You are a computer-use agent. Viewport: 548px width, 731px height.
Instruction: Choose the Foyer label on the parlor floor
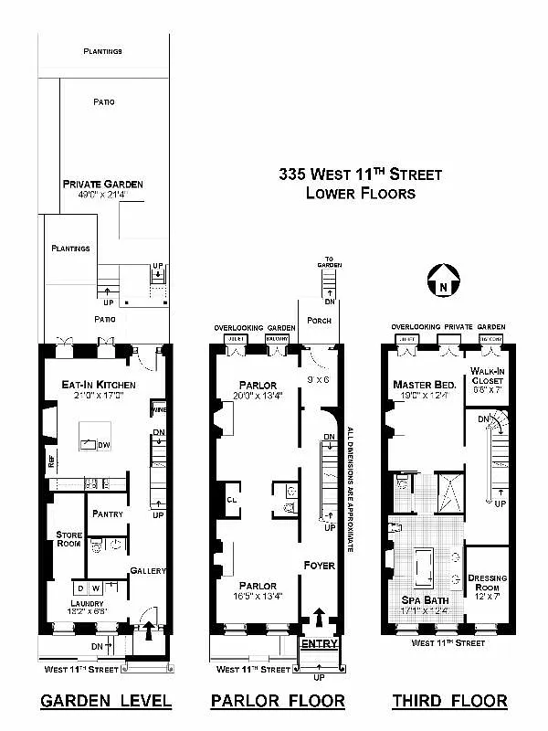click(320, 566)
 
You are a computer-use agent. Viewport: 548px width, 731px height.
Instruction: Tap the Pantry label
click(108, 514)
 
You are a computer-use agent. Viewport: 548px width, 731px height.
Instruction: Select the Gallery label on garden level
click(147, 570)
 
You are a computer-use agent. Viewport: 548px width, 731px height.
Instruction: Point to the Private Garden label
click(102, 184)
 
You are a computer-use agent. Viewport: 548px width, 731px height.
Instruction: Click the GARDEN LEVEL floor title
click(106, 702)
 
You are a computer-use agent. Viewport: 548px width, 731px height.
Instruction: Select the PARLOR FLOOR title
click(278, 702)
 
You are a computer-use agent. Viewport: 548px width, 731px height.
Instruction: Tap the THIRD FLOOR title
click(449, 702)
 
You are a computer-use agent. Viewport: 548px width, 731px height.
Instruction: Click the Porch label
click(319, 320)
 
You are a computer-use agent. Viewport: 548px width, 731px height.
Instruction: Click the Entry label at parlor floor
click(320, 643)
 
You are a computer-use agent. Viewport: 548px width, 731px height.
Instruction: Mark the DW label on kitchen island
click(103, 444)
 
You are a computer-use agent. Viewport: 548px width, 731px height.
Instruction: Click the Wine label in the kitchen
click(158, 409)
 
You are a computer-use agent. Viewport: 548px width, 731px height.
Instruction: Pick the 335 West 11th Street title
click(360, 174)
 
